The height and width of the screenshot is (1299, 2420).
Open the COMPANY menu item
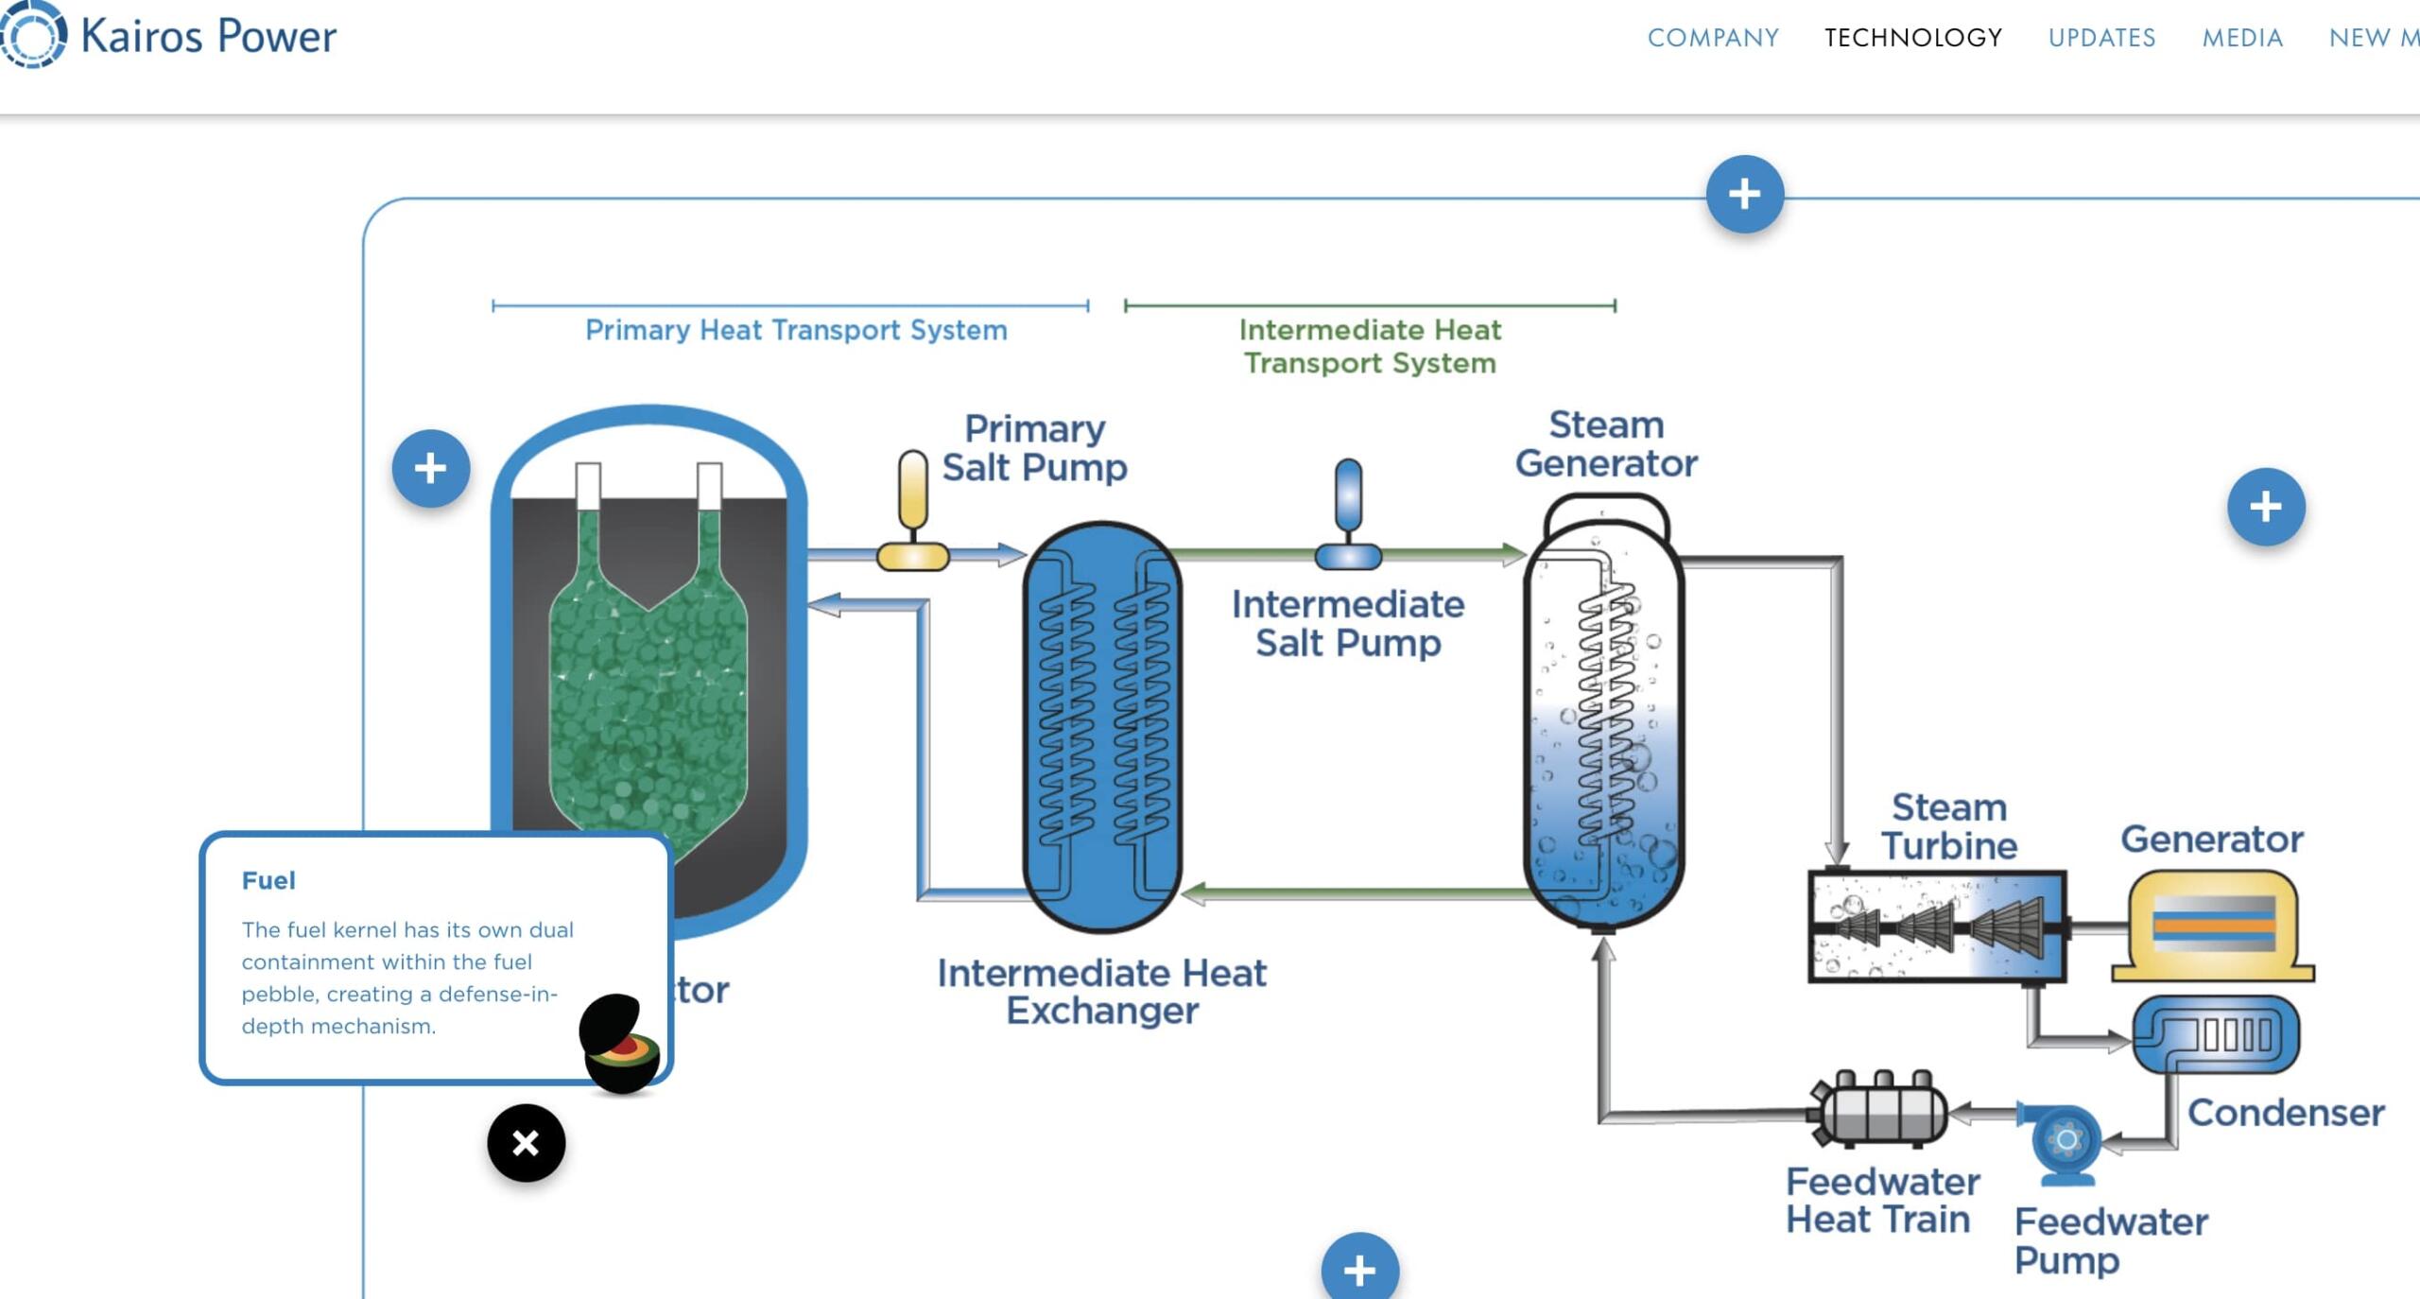pos(1713,38)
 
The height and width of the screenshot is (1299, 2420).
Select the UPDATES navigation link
pos(2101,38)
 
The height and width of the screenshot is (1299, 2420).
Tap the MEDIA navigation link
pos(2242,38)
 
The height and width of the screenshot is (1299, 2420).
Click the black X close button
pos(526,1143)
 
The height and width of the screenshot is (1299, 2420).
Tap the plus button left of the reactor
pos(431,468)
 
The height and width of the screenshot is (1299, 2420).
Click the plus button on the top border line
pos(1744,194)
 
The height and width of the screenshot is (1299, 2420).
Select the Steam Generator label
pos(1606,444)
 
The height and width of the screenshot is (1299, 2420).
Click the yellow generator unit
pos(2213,926)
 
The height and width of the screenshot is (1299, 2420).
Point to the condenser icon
pos(2216,1034)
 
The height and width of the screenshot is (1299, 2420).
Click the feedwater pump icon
pos(2066,1141)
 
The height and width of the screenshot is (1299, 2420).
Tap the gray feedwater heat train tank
pos(1881,1111)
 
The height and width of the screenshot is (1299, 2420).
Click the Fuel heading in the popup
pos(268,880)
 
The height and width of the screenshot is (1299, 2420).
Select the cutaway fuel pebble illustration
pos(620,1044)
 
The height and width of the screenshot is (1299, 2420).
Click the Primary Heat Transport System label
pos(796,330)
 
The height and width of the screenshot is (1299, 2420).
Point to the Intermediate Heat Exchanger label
pos(1101,991)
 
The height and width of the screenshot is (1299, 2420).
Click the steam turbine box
pos(1936,927)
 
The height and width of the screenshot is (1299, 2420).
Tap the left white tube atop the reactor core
pos(588,486)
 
